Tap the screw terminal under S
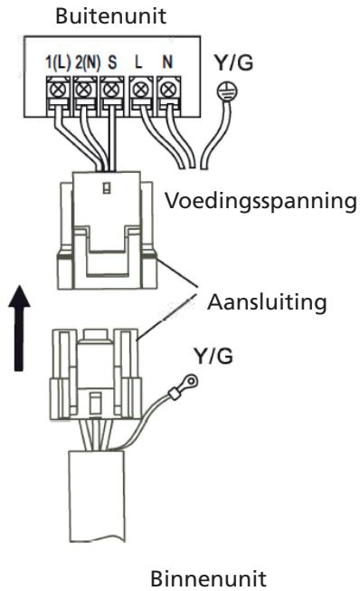tap(111, 90)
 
